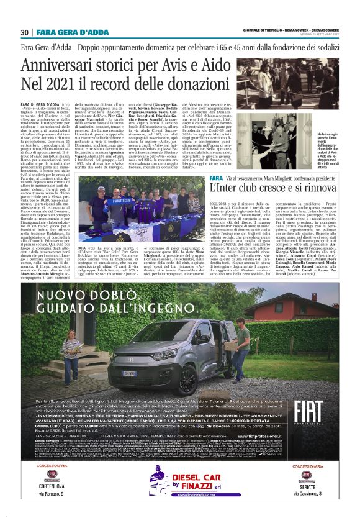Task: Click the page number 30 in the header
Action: (x=25, y=32)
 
